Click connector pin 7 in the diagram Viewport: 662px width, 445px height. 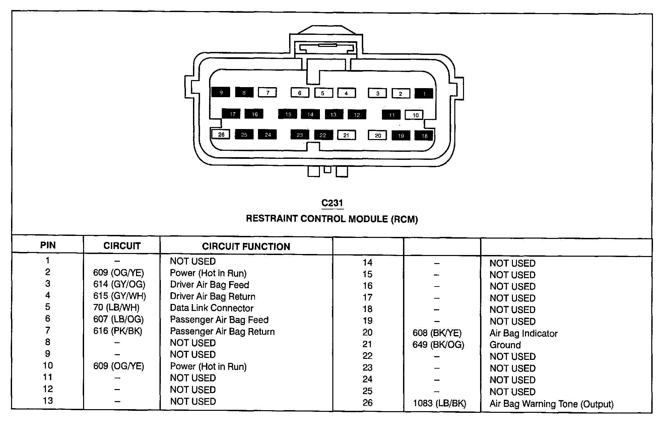pyautogui.click(x=267, y=92)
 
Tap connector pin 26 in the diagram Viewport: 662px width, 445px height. pyautogui.click(x=221, y=134)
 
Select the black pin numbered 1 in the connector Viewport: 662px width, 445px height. pyautogui.click(x=424, y=93)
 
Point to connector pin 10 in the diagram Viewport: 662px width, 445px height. pyautogui.click(x=415, y=115)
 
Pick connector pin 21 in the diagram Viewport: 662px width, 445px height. pyautogui.click(x=346, y=135)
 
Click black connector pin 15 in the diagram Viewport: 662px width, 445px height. pyautogui.click(x=288, y=114)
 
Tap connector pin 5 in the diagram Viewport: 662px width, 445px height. pyautogui.click(x=323, y=93)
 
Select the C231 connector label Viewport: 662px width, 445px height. pyautogui.click(x=332, y=203)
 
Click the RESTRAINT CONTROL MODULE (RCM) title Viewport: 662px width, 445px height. pyautogui.click(x=332, y=219)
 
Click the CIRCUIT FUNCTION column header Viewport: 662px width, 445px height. pyautogui.click(x=246, y=247)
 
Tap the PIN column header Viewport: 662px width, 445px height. pyautogui.click(x=48, y=245)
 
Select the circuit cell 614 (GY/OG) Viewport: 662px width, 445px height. pyautogui.click(x=119, y=284)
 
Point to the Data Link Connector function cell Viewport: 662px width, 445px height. pyautogui.click(x=211, y=308)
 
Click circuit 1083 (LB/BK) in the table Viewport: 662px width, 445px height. pyautogui.click(x=439, y=403)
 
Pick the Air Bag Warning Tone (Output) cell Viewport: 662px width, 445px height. pyautogui.click(x=551, y=404)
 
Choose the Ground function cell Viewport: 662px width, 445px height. pyautogui.click(x=505, y=345)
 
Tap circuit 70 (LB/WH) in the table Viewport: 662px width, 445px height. pyautogui.click(x=116, y=308)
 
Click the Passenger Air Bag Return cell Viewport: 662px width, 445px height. pyautogui.click(x=222, y=331)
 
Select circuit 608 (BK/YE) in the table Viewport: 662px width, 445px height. pyautogui.click(x=437, y=333)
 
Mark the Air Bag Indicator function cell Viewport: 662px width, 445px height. pyautogui.click(x=523, y=333)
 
